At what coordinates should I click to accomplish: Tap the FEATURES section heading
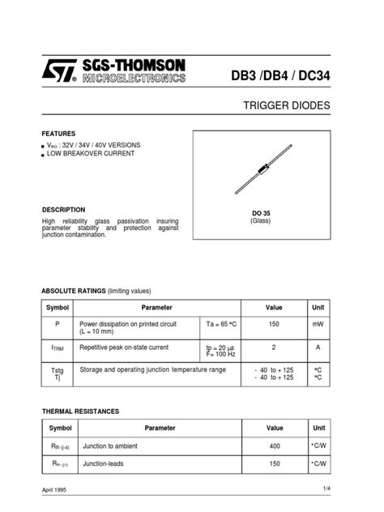[59, 133]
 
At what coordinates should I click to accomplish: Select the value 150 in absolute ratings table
[275, 322]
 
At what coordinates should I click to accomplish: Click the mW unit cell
[318, 322]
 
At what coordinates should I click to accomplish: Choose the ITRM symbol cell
[58, 348]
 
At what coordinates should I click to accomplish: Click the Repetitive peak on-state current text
[123, 347]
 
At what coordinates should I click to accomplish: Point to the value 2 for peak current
[275, 347]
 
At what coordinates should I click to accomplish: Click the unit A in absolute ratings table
[318, 347]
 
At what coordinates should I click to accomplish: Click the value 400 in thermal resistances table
[275, 446]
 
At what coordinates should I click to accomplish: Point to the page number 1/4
[326, 488]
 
